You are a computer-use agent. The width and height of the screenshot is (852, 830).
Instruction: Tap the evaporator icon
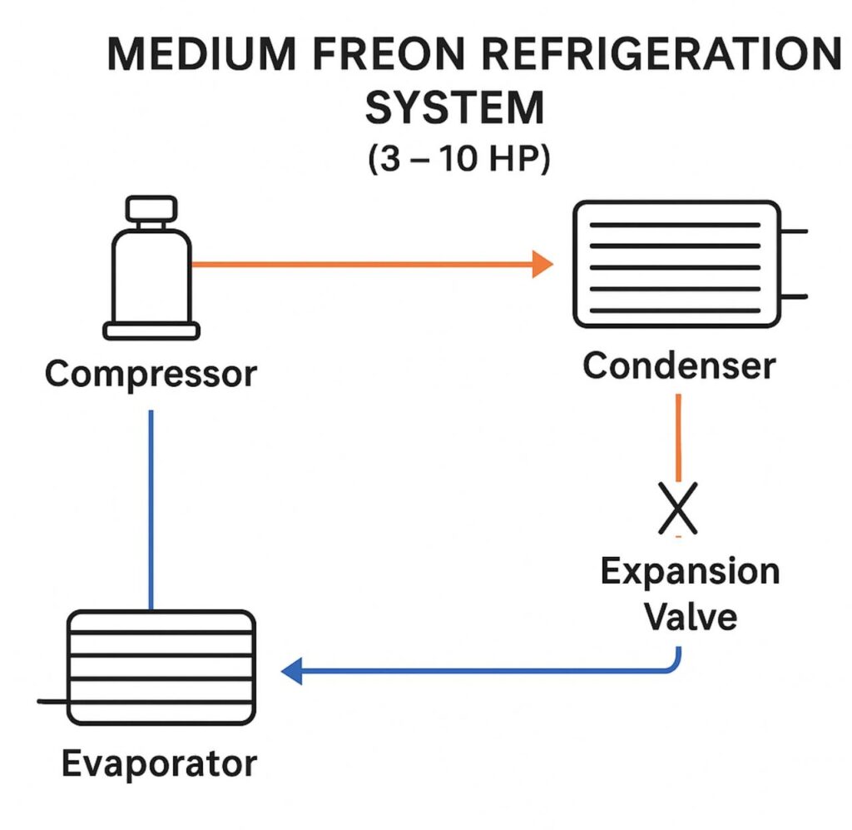(161, 667)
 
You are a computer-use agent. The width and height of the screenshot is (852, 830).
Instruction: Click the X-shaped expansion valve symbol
(678, 509)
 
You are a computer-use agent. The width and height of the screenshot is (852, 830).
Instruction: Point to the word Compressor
(151, 374)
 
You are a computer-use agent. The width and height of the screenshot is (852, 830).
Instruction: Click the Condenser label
(679, 365)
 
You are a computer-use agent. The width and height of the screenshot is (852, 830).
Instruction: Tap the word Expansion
(690, 573)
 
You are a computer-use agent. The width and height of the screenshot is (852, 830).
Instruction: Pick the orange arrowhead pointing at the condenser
(542, 265)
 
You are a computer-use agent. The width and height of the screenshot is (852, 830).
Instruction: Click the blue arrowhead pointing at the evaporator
(291, 670)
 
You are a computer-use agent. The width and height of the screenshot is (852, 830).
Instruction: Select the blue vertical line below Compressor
(151, 508)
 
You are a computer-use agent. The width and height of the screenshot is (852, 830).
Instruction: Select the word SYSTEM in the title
(454, 109)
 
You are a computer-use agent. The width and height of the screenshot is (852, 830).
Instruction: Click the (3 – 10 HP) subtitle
(458, 159)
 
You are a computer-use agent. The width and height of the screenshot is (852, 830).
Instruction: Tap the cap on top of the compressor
(151, 207)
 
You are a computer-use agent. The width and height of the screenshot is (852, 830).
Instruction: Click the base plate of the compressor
(151, 331)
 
